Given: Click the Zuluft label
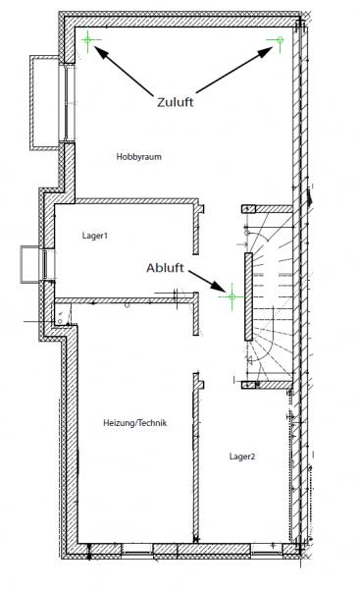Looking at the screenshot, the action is (175, 102).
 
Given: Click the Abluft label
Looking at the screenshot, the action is (165, 268).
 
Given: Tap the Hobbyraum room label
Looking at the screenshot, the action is (139, 157).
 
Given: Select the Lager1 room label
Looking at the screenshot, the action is (95, 236).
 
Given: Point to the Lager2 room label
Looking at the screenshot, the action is (242, 456).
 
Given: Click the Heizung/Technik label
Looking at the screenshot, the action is (134, 423).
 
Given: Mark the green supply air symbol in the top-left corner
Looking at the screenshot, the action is (88, 39).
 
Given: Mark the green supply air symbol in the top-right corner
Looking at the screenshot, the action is (280, 40).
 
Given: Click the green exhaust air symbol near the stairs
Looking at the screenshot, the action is (232, 296).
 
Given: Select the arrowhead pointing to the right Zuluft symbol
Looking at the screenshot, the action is (266, 52).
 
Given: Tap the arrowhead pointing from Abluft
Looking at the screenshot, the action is (219, 286).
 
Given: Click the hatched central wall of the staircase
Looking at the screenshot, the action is (248, 296).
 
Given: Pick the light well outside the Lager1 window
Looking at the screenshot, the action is (30, 263).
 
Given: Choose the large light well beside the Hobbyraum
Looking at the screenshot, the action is (45, 103).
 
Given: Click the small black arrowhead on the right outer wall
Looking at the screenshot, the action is (309, 197).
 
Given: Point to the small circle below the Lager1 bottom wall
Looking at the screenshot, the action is (128, 304).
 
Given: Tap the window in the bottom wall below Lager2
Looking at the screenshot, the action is (266, 552).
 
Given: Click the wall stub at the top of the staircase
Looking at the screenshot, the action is (267, 209).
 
